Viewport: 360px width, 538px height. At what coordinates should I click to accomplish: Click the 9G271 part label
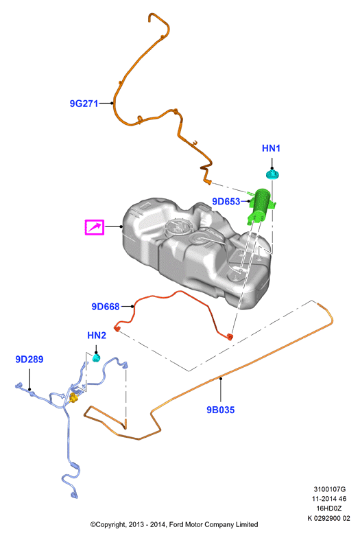[84, 103]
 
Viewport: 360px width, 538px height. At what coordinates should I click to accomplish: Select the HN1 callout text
[271, 148]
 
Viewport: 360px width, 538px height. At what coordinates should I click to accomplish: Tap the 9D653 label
[226, 202]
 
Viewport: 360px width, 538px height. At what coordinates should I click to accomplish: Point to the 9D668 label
[106, 306]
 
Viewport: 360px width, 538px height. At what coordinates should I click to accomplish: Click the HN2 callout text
[97, 335]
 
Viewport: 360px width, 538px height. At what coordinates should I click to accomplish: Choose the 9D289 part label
[29, 360]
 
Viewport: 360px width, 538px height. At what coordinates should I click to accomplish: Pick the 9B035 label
[221, 410]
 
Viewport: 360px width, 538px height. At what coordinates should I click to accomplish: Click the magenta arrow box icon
[95, 227]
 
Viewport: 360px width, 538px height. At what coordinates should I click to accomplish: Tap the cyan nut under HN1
[273, 174]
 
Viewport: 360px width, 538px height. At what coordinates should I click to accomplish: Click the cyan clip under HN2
[96, 358]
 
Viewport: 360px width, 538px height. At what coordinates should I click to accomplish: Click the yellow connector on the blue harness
[73, 399]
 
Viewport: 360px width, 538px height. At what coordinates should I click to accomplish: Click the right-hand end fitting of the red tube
[230, 336]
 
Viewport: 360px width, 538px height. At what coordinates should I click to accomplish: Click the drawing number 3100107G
[329, 489]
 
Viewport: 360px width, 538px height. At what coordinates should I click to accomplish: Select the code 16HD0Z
[329, 508]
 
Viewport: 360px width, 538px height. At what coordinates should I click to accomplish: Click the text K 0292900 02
[328, 518]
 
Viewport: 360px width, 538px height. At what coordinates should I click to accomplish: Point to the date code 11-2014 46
[329, 498]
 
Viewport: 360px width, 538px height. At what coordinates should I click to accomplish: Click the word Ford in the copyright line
[176, 524]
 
